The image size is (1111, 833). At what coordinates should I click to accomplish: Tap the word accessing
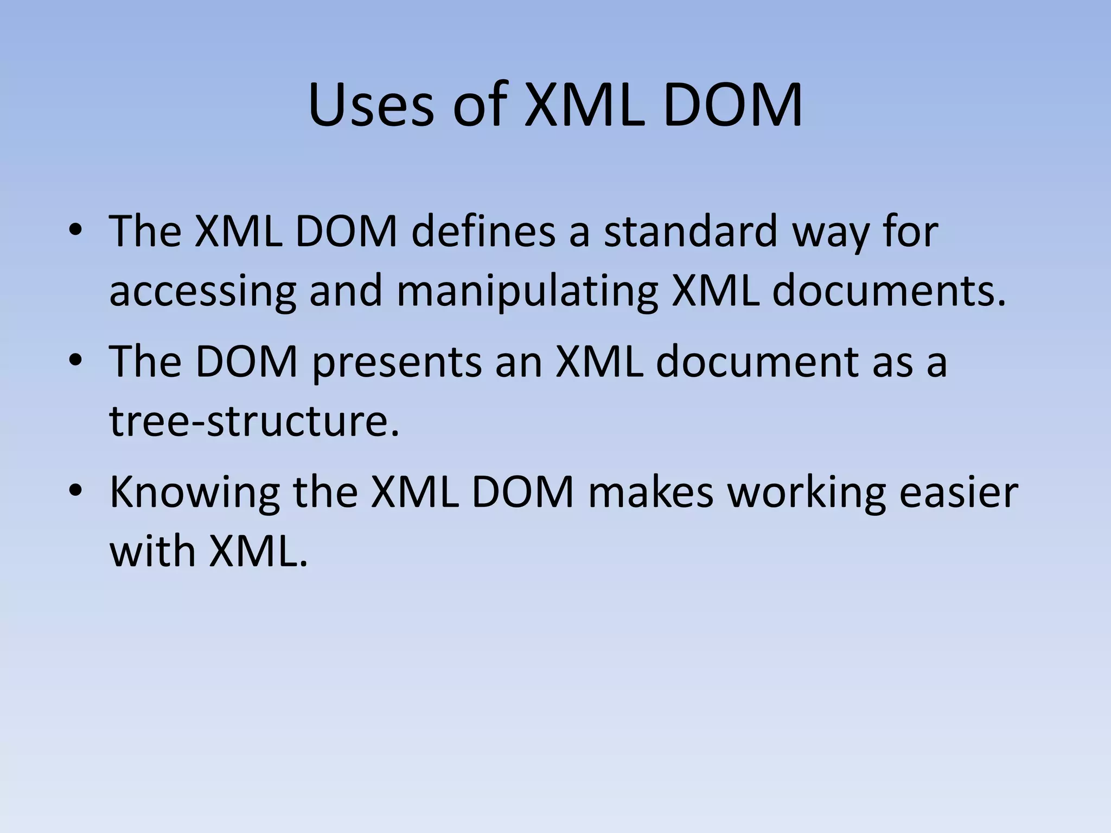click(202, 291)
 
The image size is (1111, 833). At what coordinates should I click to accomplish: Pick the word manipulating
click(527, 291)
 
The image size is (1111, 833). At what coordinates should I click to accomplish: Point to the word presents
click(397, 362)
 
